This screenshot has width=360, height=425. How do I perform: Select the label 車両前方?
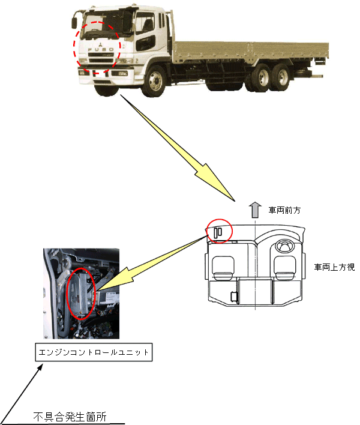284,211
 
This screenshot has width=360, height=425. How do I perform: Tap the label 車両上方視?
334,267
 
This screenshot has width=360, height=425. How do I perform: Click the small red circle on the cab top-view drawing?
218,231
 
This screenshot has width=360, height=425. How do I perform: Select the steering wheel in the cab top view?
285,245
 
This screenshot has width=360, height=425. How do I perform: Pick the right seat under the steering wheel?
285,267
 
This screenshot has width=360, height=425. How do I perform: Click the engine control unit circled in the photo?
80,293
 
